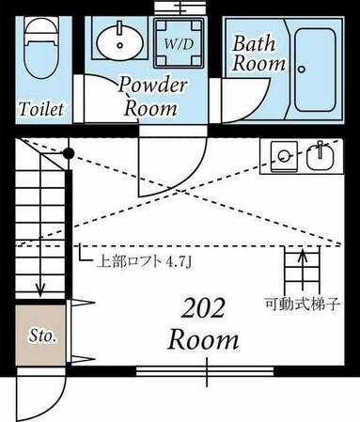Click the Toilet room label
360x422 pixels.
tap(42, 108)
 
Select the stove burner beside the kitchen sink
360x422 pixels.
tap(284, 150)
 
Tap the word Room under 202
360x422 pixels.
tap(202, 339)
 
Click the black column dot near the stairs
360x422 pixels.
tap(69, 152)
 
